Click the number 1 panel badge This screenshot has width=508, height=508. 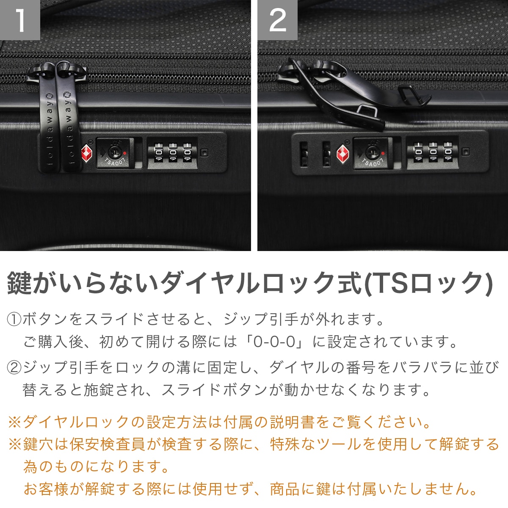[20, 20]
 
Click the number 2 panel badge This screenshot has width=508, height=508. [277, 20]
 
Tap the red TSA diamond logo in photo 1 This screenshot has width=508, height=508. [87, 153]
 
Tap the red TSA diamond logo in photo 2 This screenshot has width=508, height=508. [343, 153]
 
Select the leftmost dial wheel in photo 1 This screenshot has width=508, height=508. [158, 152]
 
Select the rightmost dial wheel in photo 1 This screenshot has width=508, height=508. [187, 152]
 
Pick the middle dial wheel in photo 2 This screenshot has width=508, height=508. [433, 152]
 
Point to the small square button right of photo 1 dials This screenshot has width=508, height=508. [204, 153]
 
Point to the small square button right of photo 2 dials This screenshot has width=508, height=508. [466, 152]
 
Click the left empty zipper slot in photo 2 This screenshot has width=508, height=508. [304, 154]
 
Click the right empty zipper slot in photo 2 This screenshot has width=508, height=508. [326, 154]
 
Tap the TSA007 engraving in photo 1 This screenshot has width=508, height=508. [115, 160]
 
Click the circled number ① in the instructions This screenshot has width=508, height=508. [14, 319]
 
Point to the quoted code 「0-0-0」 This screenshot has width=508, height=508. [274, 342]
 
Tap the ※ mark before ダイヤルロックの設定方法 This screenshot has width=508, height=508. [15, 422]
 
